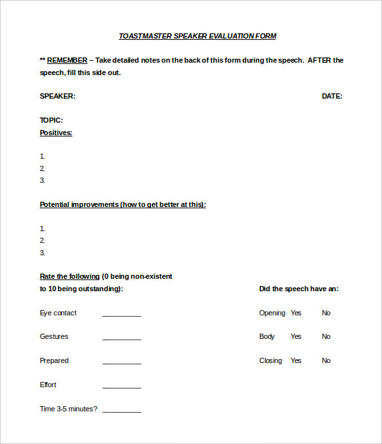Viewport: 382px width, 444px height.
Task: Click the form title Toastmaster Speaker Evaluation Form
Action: pos(197,36)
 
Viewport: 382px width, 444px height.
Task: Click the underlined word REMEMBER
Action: pos(67,60)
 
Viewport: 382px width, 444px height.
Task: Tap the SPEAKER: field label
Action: pos(57,96)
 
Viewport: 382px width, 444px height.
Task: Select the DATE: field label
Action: pos(332,96)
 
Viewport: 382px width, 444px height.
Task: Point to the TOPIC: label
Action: pos(52,120)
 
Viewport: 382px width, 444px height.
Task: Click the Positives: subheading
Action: pos(56,133)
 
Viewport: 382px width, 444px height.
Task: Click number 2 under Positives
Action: pos(42,168)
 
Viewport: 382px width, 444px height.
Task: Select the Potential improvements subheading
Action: pos(123,204)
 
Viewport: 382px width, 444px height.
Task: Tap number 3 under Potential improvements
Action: pos(42,253)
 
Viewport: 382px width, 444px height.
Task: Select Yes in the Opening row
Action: pos(296,313)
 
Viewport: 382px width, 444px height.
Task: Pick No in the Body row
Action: pos(326,336)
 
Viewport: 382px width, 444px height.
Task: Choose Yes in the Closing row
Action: pos(296,360)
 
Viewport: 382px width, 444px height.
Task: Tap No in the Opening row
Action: pos(326,313)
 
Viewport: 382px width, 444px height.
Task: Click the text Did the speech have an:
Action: pos(298,289)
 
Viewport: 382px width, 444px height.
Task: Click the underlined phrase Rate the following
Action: pos(70,276)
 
